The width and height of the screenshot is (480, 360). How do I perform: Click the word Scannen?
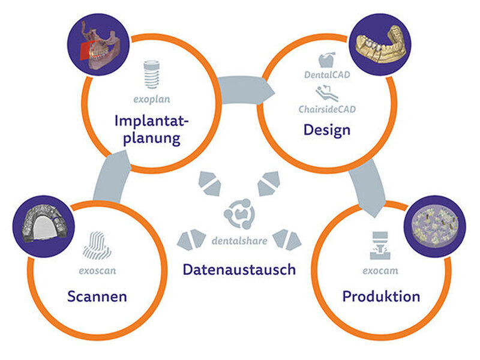click(x=97, y=296)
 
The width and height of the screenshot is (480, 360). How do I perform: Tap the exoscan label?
click(x=97, y=271)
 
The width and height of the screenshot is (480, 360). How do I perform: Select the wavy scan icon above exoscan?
click(x=97, y=245)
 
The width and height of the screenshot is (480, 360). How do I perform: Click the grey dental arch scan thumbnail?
click(x=44, y=226)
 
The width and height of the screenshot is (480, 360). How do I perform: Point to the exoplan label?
click(x=152, y=99)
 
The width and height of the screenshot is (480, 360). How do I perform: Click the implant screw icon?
click(x=152, y=74)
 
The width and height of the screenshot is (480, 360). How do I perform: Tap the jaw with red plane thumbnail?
click(x=98, y=44)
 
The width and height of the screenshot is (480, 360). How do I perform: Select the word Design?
click(x=327, y=130)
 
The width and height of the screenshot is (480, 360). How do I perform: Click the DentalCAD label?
click(x=327, y=74)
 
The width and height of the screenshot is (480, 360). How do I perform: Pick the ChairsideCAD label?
click(x=327, y=109)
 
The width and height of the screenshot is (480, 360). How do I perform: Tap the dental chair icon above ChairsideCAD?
click(x=327, y=93)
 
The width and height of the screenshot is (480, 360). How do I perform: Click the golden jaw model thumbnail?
click(x=380, y=44)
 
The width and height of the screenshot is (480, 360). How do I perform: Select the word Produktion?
click(x=381, y=296)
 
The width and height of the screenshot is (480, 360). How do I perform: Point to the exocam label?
click(x=380, y=271)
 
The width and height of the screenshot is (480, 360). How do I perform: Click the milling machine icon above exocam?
click(x=380, y=245)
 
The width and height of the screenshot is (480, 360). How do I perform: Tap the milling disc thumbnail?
click(x=435, y=226)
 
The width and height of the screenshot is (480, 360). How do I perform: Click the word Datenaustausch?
click(x=239, y=269)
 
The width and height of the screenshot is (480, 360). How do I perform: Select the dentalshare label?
click(x=239, y=241)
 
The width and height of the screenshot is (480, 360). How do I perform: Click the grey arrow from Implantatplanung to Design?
click(x=245, y=91)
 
